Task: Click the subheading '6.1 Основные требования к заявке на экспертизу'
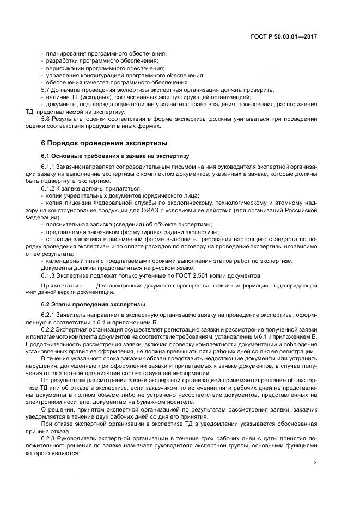[x=114, y=156]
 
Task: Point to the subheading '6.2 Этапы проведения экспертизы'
[x=93, y=304]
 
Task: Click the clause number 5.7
[x=46, y=89]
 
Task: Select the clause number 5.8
[x=46, y=118]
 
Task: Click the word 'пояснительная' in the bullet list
[x=65, y=224]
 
